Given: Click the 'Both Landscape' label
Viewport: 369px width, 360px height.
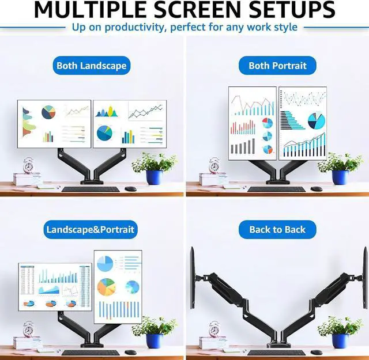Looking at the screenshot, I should (x=91, y=66).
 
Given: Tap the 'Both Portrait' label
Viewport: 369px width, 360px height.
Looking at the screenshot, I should (x=277, y=66).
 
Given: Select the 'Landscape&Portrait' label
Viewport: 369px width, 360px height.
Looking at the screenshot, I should (x=91, y=229).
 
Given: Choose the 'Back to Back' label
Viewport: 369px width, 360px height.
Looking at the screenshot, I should (x=277, y=229).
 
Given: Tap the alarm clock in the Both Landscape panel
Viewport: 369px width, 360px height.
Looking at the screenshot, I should (x=29, y=166).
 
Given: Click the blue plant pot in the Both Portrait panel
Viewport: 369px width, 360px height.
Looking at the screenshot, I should (x=340, y=177).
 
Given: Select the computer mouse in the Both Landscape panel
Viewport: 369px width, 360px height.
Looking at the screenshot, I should (x=131, y=189).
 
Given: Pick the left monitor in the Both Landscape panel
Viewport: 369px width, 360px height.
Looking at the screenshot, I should (x=54, y=123).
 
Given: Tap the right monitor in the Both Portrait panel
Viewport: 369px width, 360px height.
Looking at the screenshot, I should (x=303, y=123).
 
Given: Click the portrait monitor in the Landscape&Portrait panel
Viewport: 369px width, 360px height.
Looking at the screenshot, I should (x=118, y=286).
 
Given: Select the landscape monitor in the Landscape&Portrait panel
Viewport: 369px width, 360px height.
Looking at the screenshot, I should (x=55, y=287).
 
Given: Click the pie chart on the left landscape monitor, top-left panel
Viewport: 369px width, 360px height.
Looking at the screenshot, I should (x=48, y=112).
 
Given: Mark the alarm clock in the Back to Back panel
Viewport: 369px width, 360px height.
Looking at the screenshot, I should (x=214, y=329).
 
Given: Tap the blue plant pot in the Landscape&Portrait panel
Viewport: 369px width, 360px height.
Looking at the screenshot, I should (x=154, y=340).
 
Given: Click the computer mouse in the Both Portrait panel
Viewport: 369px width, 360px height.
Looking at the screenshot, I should (x=317, y=189).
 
